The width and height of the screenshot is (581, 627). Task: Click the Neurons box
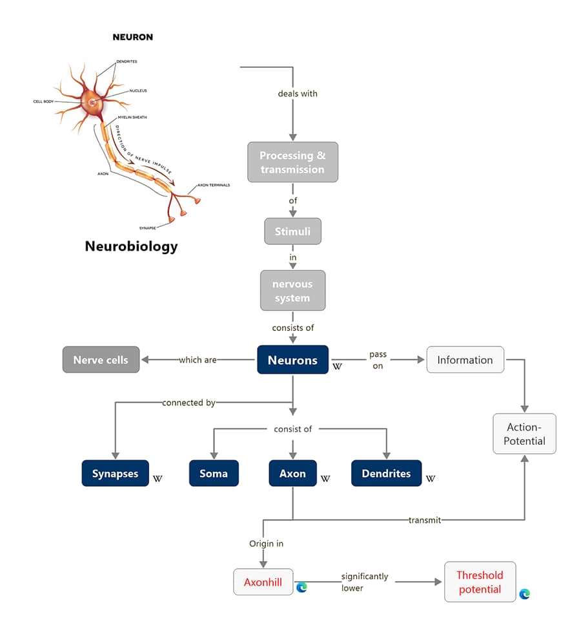tap(292, 360)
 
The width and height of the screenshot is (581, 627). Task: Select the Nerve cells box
tap(101, 360)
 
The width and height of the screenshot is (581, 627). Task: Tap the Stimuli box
tap(292, 231)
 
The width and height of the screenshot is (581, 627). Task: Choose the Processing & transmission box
tap(292, 162)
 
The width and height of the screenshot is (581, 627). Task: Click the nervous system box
tap(292, 291)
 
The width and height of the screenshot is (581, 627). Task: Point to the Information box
tap(465, 360)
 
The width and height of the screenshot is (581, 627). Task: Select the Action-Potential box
tap(524, 434)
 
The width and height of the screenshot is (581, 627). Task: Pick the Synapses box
tap(116, 473)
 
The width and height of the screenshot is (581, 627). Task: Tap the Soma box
tap(214, 473)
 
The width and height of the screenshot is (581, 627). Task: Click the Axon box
tap(292, 473)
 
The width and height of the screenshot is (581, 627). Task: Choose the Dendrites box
tap(386, 473)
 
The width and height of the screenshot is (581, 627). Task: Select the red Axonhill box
tap(263, 582)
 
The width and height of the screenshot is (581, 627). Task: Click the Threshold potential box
tap(480, 582)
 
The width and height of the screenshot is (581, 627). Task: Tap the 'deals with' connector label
tap(298, 94)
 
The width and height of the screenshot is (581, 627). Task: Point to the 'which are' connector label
tap(198, 360)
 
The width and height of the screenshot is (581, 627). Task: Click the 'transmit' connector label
tap(425, 520)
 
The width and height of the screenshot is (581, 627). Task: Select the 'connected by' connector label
tap(189, 403)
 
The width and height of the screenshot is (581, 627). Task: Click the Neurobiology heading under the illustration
tap(132, 246)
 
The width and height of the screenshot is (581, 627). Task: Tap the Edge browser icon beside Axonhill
tap(302, 587)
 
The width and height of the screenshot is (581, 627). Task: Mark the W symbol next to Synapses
tap(158, 478)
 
